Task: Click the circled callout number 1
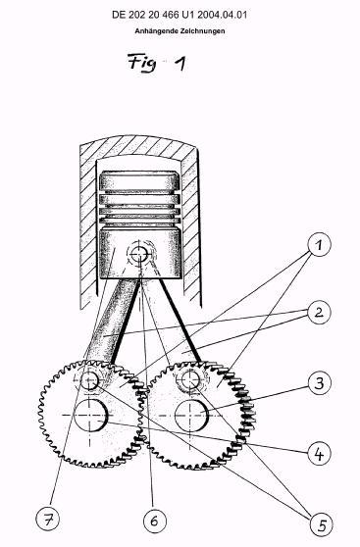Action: (x=319, y=245)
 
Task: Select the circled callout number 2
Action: (x=319, y=313)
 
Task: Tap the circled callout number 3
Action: (x=320, y=383)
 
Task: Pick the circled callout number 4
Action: (x=319, y=454)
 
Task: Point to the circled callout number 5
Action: (x=322, y=524)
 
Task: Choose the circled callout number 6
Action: (x=155, y=522)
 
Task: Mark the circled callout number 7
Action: (x=47, y=519)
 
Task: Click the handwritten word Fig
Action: (x=142, y=63)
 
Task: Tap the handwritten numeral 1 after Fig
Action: (x=180, y=64)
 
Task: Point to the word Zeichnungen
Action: (x=203, y=31)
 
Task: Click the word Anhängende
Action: (x=157, y=31)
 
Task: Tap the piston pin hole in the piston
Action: (x=139, y=254)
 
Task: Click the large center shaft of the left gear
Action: (x=90, y=415)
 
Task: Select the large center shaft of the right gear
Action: (x=191, y=415)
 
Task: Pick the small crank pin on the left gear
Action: (x=89, y=380)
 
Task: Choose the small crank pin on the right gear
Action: (x=190, y=379)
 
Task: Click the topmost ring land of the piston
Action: (x=139, y=181)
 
